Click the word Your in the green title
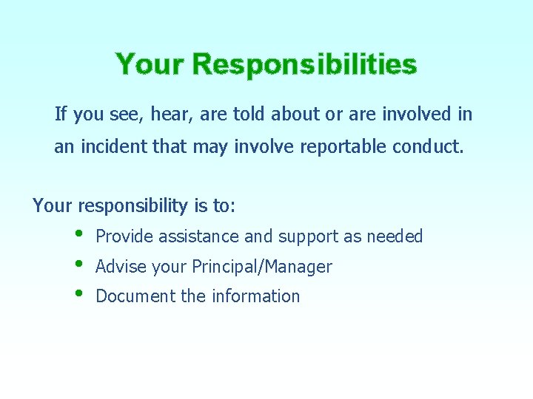[150, 64]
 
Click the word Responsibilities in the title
[304, 65]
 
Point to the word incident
[110, 147]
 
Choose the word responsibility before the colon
[130, 205]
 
